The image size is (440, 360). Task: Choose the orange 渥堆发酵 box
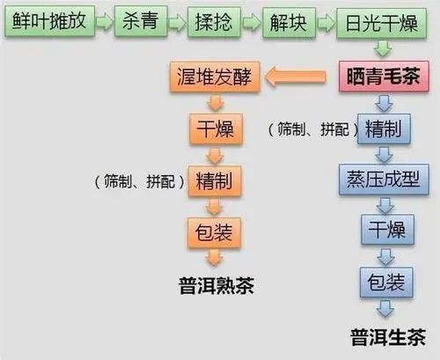[x=212, y=80]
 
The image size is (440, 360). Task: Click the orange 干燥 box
[x=211, y=130]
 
